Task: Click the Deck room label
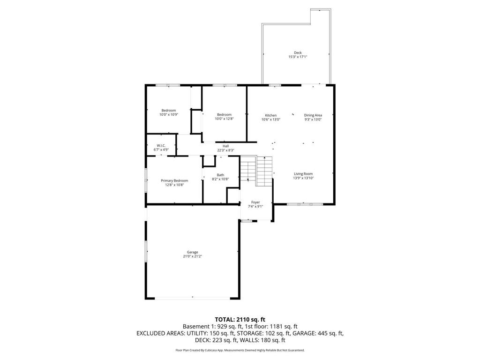click(298, 52)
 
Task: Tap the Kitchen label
click(270, 115)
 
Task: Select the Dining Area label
click(313, 115)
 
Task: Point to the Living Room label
click(303, 174)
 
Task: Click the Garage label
click(193, 252)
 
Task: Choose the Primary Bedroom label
click(174, 180)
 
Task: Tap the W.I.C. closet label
click(161, 145)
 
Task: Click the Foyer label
click(255, 202)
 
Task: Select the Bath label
click(220, 175)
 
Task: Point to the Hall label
click(225, 146)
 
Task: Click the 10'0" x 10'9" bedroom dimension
click(169, 115)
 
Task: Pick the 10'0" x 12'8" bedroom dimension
click(224, 119)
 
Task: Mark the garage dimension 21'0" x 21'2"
click(193, 256)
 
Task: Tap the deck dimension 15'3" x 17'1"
click(298, 57)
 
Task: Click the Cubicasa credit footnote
click(240, 350)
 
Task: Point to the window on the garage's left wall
click(146, 253)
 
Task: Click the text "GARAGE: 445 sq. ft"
click(318, 333)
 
